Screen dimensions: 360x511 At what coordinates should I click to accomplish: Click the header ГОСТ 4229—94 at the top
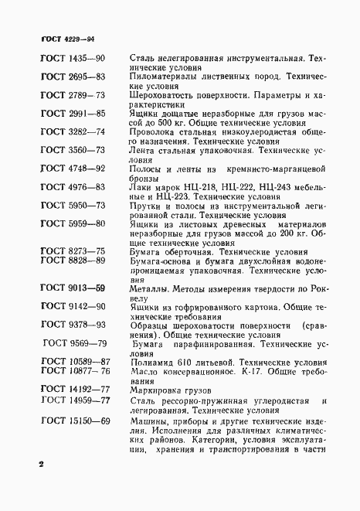click(66, 38)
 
